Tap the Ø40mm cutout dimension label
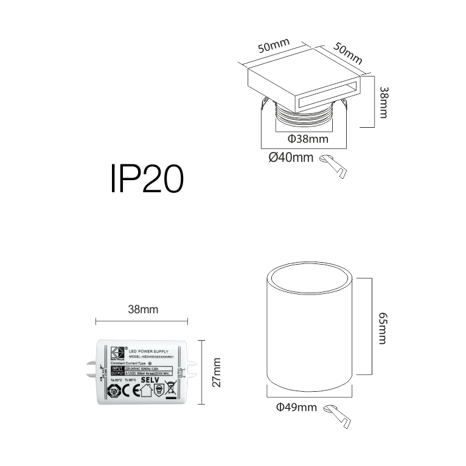[x=291, y=158]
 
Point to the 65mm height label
[x=383, y=329]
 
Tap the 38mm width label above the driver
[x=143, y=310]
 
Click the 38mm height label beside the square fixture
[x=383, y=102]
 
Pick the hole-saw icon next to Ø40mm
[x=334, y=164]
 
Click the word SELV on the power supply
[x=150, y=380]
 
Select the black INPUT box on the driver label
[x=118, y=369]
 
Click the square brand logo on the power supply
[x=117, y=352]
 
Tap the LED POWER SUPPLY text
[x=151, y=352]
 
